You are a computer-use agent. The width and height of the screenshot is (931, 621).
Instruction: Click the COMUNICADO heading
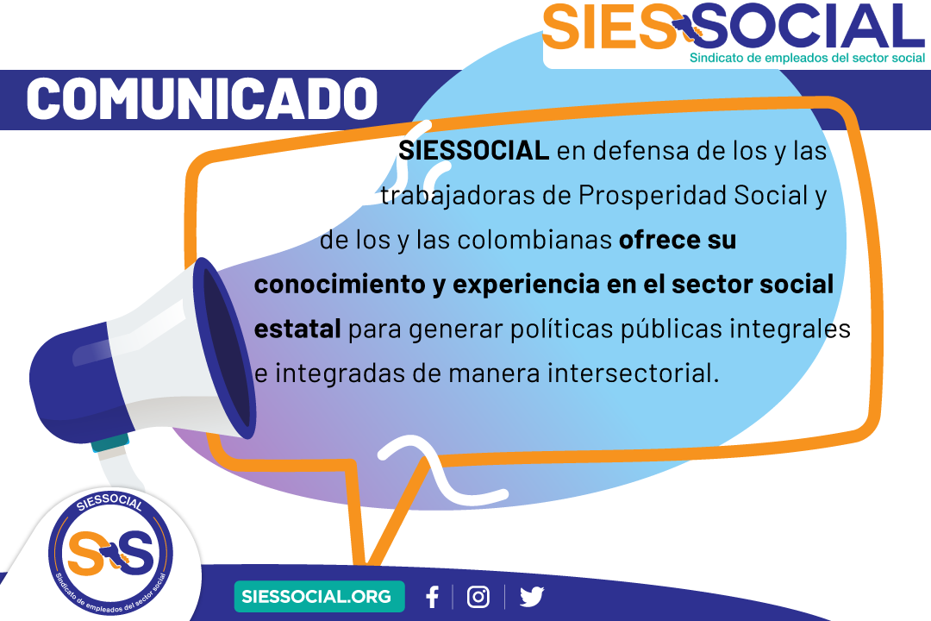[x=202, y=98]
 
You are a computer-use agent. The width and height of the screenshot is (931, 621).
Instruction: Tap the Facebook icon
[x=432, y=597]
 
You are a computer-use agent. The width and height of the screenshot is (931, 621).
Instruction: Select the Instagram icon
[x=478, y=597]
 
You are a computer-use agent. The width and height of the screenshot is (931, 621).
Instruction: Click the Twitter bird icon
[x=531, y=597]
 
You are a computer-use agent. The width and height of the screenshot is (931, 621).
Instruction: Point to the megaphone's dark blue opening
[x=226, y=348]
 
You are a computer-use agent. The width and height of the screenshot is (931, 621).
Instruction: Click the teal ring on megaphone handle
[x=110, y=443]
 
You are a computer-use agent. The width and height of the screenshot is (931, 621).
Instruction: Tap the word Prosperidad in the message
[x=653, y=196]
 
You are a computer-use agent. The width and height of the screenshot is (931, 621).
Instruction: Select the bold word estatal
[x=297, y=329]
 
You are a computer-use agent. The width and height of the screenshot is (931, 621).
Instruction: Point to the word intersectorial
[x=633, y=373]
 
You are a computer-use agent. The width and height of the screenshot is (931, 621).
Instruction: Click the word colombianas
[x=534, y=240]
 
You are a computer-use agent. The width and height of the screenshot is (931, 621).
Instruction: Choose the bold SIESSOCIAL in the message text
[x=473, y=151]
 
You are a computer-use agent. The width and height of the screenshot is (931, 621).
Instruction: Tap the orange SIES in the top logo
[x=609, y=27]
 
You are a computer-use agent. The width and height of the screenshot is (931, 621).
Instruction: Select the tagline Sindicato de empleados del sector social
[x=808, y=58]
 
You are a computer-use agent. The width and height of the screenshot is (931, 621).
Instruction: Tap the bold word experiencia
[x=526, y=285]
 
